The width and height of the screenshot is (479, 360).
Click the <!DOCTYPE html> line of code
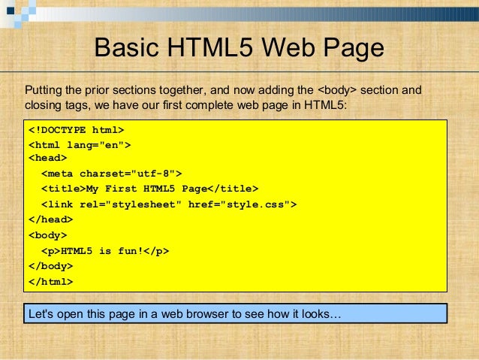(x=76, y=129)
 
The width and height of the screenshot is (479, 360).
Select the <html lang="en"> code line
(x=80, y=144)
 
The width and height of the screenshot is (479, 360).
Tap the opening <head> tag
(x=47, y=159)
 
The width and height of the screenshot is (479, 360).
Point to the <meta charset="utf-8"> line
(x=111, y=173)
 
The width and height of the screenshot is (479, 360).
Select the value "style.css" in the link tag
(x=262, y=204)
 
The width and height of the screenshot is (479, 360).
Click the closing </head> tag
(x=50, y=219)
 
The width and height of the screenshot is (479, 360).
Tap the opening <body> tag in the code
(x=47, y=234)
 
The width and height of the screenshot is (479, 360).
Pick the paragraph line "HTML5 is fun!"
(x=104, y=250)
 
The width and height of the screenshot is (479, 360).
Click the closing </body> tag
(x=50, y=266)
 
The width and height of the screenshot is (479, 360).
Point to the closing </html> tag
(x=50, y=282)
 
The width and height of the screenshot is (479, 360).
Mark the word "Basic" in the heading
(x=128, y=49)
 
